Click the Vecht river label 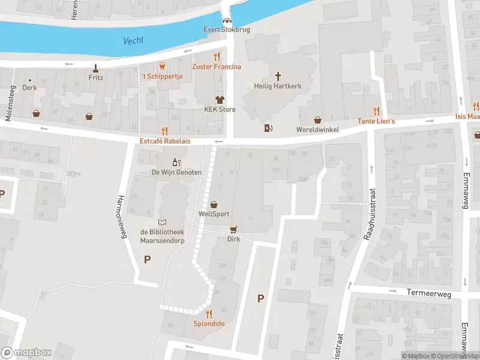[133, 41]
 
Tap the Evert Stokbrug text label [227, 29]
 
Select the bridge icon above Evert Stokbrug [226, 20]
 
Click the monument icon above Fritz [95, 67]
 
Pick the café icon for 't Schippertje [161, 66]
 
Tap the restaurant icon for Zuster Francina [217, 56]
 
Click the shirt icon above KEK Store [220, 100]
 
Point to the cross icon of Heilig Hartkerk [278, 76]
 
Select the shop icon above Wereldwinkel [317, 120]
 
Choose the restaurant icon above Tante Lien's [376, 111]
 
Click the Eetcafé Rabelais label [164, 142]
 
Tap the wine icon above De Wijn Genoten [176, 162]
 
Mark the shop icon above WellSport [214, 205]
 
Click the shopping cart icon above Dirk [233, 229]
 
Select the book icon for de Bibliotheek [161, 222]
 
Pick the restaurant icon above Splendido [209, 313]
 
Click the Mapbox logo [26, 353]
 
